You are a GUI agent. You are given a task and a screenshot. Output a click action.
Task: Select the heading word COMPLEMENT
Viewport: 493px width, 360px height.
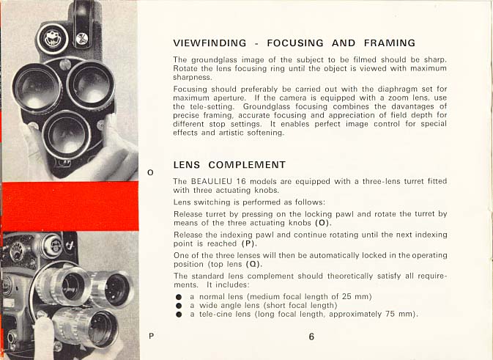(x=246, y=164)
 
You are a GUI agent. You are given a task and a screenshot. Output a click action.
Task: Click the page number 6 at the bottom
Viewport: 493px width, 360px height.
(x=311, y=337)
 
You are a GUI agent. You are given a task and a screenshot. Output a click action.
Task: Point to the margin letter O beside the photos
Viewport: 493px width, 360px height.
(x=150, y=173)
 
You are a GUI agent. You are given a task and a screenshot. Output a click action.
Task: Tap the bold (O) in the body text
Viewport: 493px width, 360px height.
(x=322, y=222)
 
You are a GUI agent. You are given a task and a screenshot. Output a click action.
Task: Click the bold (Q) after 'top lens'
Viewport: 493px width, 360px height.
(x=253, y=264)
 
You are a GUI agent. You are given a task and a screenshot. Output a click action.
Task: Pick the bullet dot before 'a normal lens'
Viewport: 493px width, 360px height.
(x=179, y=295)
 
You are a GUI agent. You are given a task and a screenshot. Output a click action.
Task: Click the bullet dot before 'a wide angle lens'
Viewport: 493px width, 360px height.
(x=179, y=305)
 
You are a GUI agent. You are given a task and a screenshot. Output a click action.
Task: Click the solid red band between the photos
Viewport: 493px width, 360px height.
(x=70, y=206)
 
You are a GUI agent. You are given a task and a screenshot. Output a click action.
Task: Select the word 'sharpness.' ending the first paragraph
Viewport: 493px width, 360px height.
(x=193, y=76)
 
